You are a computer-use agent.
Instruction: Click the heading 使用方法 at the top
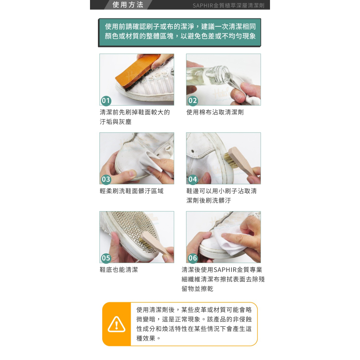tap(127, 5)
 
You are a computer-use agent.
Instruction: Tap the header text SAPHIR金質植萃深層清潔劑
tap(228, 5)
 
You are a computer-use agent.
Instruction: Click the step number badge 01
tap(106, 100)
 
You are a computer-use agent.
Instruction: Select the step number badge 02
tap(193, 100)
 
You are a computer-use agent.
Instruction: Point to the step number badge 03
tap(106, 179)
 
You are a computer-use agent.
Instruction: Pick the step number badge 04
tap(193, 179)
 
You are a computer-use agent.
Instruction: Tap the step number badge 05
tap(106, 258)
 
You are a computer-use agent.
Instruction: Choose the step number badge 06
tap(193, 258)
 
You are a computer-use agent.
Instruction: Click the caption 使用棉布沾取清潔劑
tap(215, 112)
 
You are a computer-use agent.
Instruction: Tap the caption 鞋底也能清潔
tap(119, 270)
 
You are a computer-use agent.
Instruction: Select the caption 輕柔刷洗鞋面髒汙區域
tap(131, 191)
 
